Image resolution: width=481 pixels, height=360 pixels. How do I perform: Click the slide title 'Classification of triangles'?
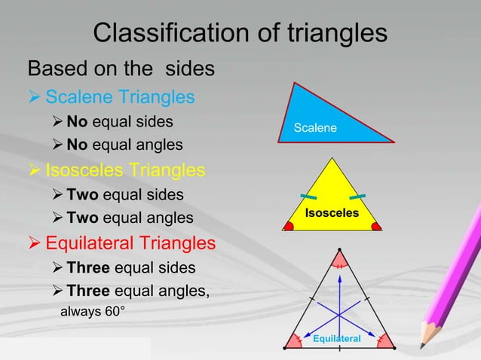click(x=240, y=33)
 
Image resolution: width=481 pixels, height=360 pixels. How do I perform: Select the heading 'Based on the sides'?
click(x=121, y=69)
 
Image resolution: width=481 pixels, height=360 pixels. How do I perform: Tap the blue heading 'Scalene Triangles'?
click(x=120, y=97)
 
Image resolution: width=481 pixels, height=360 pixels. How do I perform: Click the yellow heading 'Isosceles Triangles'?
click(x=125, y=169)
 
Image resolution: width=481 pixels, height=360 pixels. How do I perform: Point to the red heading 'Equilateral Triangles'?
click(x=130, y=243)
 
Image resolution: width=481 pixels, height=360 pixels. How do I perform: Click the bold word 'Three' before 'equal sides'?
click(x=85, y=268)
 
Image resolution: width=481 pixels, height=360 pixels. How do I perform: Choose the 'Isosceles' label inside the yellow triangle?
click(x=332, y=214)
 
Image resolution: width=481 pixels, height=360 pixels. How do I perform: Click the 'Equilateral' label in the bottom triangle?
click(x=337, y=340)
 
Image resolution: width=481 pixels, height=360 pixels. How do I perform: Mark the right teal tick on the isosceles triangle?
click(x=359, y=197)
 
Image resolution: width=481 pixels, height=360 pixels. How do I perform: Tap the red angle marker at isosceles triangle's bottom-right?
click(x=376, y=224)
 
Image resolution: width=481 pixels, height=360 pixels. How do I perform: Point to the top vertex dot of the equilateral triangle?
click(x=339, y=250)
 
